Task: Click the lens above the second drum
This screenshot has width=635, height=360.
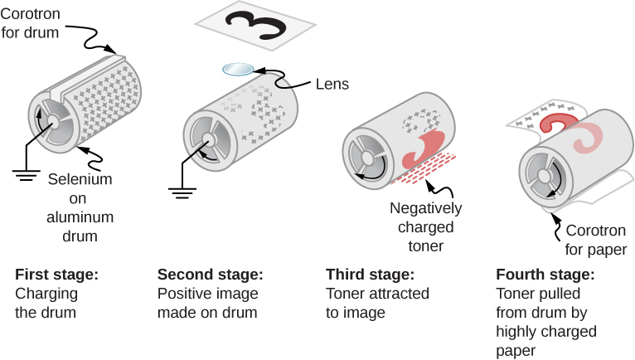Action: pyautogui.click(x=239, y=71)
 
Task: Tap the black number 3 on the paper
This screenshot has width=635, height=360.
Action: pyautogui.click(x=254, y=27)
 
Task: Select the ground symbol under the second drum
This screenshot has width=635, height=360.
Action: pyautogui.click(x=182, y=193)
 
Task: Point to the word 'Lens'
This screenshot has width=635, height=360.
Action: pyautogui.click(x=332, y=84)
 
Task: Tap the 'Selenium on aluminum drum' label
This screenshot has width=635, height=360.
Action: pyautogui.click(x=80, y=207)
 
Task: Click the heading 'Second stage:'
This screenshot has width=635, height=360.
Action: pyautogui.click(x=211, y=275)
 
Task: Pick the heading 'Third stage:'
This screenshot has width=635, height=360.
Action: pyautogui.click(x=368, y=275)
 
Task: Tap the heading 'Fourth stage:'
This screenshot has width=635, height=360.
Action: pyautogui.click(x=545, y=275)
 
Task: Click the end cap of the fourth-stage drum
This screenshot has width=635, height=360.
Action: pyautogui.click(x=542, y=177)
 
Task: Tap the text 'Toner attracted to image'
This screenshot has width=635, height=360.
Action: pyautogui.click(x=377, y=304)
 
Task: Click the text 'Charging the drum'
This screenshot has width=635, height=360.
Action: pyautogui.click(x=46, y=304)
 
